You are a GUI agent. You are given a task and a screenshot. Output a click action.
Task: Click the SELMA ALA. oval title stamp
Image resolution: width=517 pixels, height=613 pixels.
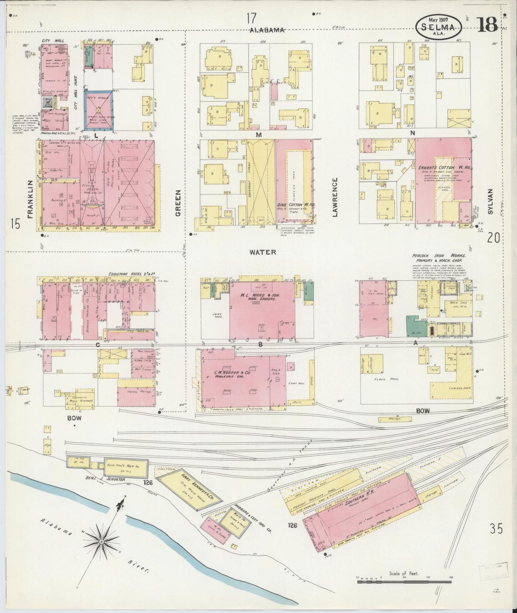[x=439, y=27]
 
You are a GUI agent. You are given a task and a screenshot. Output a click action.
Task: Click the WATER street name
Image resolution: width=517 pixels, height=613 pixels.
[x=263, y=252]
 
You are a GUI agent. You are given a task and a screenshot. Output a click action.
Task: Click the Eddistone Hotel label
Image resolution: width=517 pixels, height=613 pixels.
[x=124, y=274]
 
